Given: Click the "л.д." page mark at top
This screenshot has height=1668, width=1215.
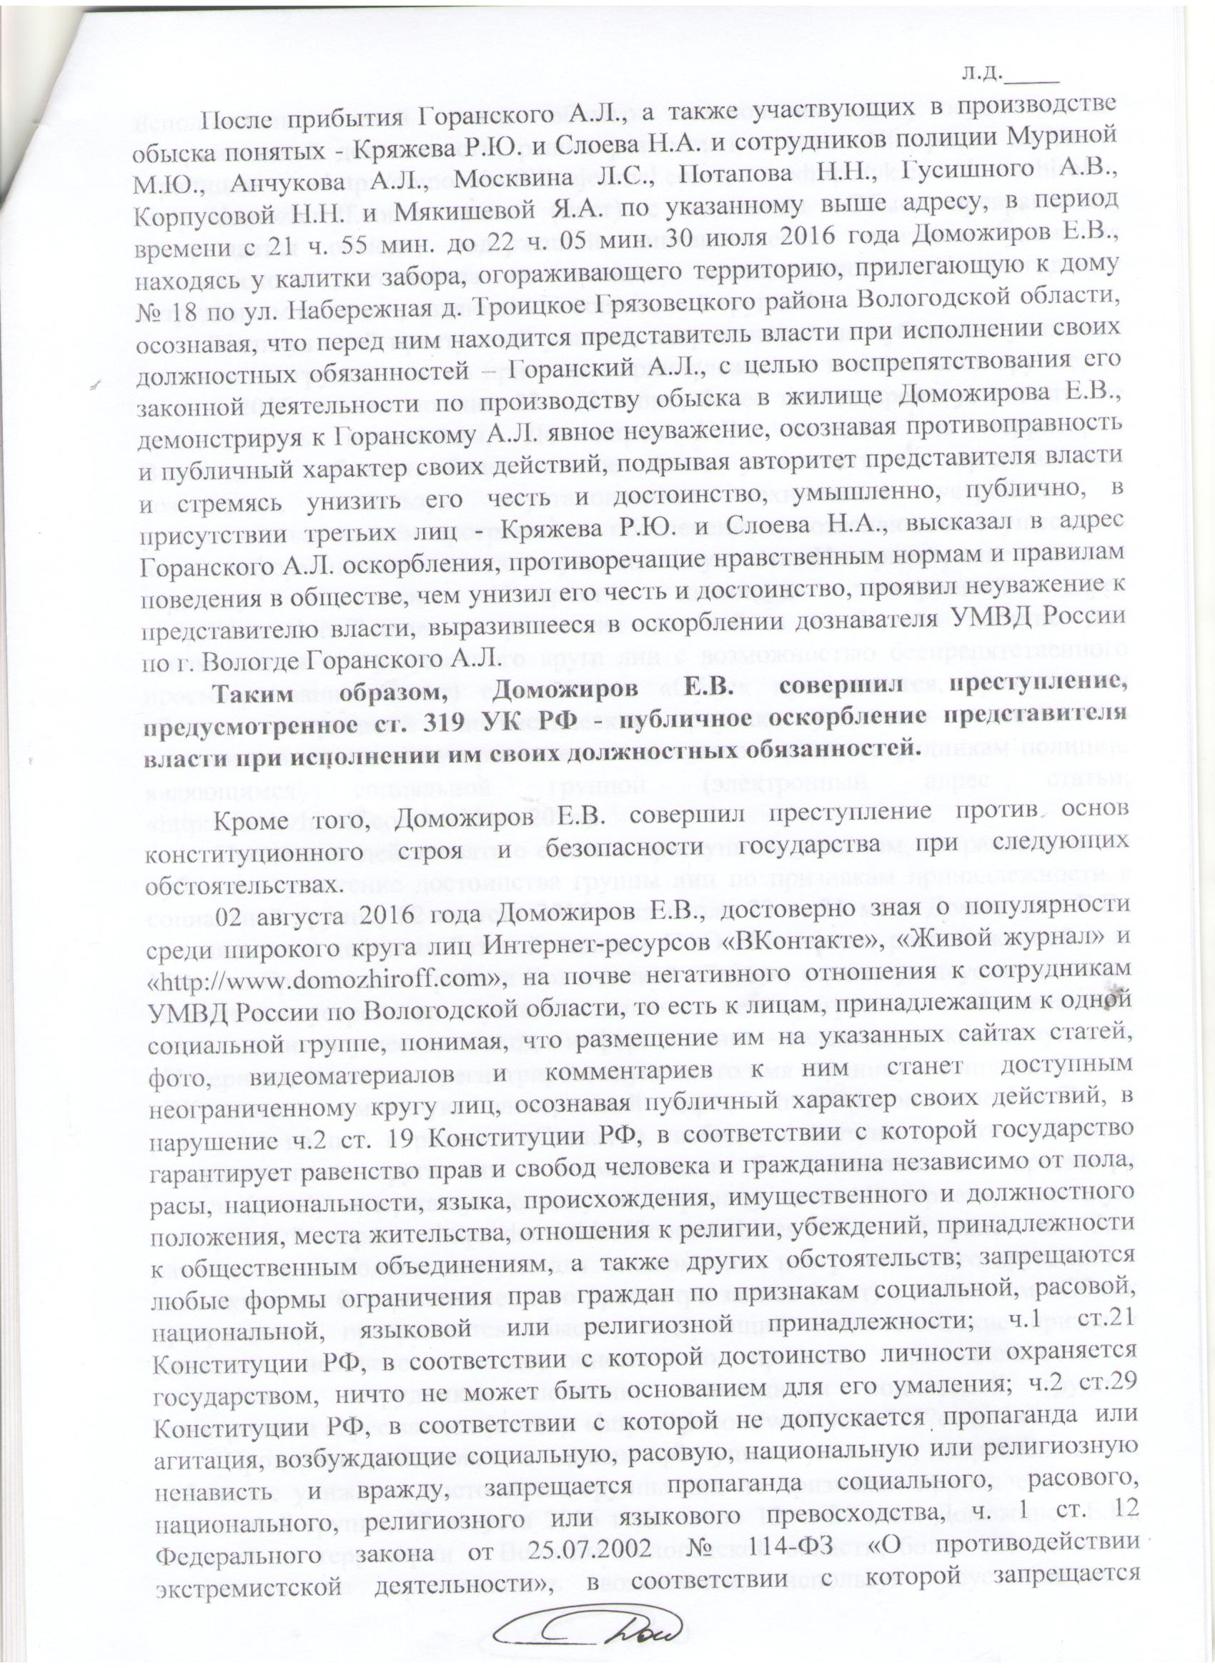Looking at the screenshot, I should coord(981,73).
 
